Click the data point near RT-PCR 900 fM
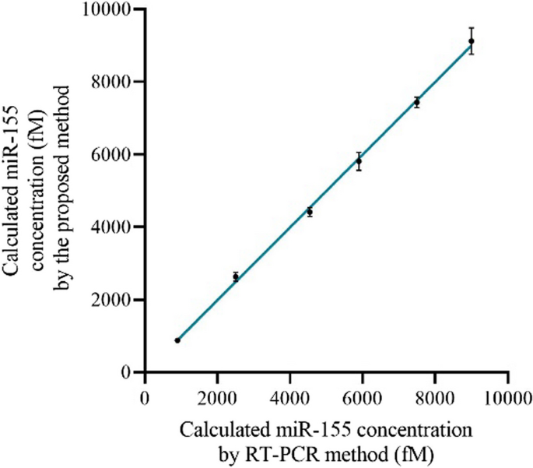pos(177,340)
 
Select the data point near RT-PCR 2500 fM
pos(236,276)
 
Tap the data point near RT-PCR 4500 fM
pos(310,212)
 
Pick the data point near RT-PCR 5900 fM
pos(359,161)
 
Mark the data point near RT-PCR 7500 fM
pos(417,102)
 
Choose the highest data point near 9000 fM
pos(472,41)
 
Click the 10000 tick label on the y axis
pos(109,9)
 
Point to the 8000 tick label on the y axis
pos(113,82)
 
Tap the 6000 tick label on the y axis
pos(113,154)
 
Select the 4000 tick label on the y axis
pos(113,227)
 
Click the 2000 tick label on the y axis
pos(113,300)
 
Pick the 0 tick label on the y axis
pos(125,373)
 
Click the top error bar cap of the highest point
pos(472,27)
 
